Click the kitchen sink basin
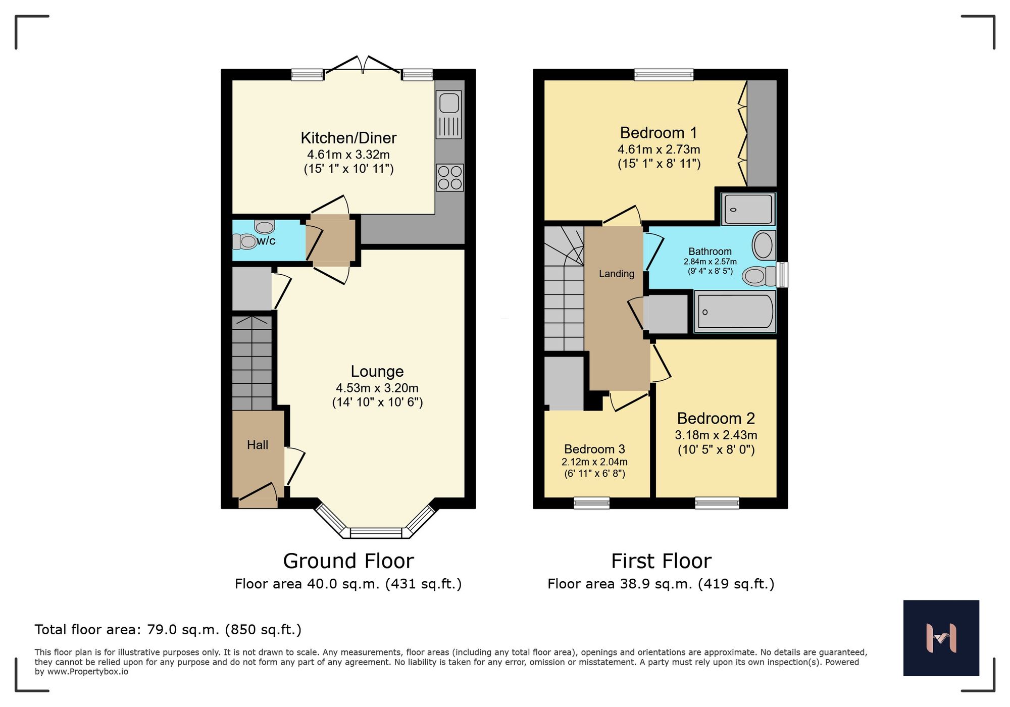click(449, 103)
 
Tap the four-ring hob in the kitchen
click(449, 178)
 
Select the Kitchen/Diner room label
click(348, 138)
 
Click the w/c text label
click(266, 241)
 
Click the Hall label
click(257, 445)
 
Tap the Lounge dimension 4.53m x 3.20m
click(377, 388)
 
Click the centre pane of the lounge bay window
click(376, 533)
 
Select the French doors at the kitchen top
click(363, 65)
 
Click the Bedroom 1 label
click(659, 133)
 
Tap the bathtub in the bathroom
click(735, 312)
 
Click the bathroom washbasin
click(763, 245)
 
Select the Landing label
click(616, 274)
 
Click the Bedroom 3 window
click(591, 502)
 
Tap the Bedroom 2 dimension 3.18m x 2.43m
click(716, 435)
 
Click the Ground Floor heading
click(348, 561)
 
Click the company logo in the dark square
click(941, 638)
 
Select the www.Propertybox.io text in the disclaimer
click(87, 672)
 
